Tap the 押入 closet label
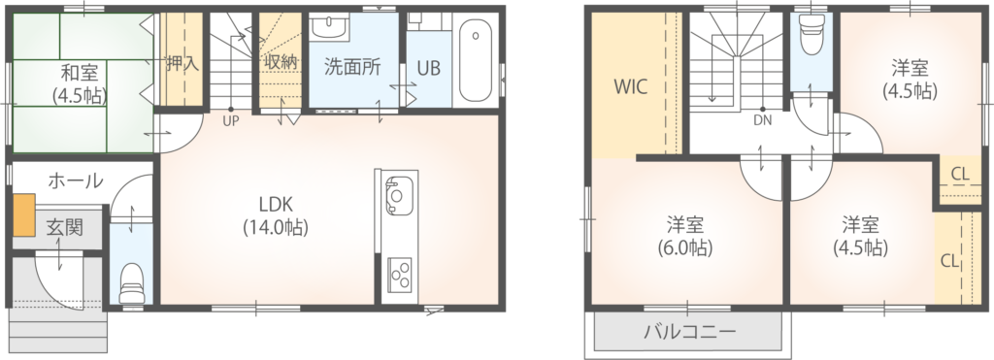[182, 64]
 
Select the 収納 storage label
[281, 64]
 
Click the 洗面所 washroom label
[352, 67]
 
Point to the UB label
[428, 68]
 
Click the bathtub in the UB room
[475, 60]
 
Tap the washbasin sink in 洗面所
[328, 26]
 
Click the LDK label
[275, 205]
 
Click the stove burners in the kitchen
[399, 275]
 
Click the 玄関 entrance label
[65, 227]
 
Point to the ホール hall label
[76, 181]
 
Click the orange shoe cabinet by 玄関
[24, 214]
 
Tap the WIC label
[630, 86]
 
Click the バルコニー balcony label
[690, 332]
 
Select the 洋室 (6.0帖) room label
[684, 236]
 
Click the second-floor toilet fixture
[811, 36]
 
